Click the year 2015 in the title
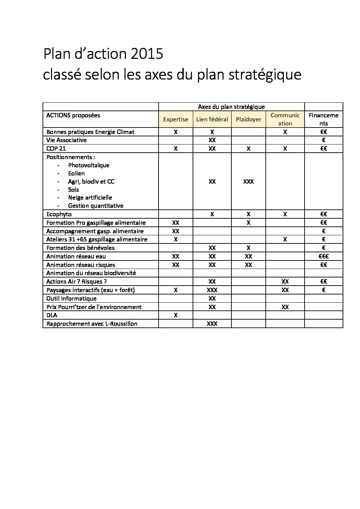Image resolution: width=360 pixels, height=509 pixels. pyautogui.click(x=146, y=54)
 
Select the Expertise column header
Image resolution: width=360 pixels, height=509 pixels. pyautogui.click(x=176, y=119)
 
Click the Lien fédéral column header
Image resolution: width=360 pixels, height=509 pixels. pyautogui.click(x=212, y=119)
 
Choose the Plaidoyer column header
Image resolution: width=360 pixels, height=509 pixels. pyautogui.click(x=248, y=119)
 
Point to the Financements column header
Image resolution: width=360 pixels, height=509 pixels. pyautogui.click(x=324, y=119)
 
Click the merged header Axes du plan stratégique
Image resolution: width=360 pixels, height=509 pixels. pyautogui.click(x=231, y=107)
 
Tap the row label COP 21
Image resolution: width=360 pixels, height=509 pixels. pyautogui.click(x=56, y=149)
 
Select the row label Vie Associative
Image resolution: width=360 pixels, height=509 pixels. pyautogui.click(x=66, y=140)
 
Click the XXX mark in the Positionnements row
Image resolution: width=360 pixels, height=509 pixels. pyautogui.click(x=248, y=182)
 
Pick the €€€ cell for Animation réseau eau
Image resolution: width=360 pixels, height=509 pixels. pyautogui.click(x=324, y=256)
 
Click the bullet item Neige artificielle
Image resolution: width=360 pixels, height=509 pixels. pyautogui.click(x=90, y=198)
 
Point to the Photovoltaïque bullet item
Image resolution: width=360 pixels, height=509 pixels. pyautogui.click(x=88, y=165)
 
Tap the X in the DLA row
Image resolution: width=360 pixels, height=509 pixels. pyautogui.click(x=176, y=315)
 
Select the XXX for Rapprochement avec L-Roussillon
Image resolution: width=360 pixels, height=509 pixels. pyautogui.click(x=212, y=324)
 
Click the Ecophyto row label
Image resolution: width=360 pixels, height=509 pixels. pyautogui.click(x=59, y=214)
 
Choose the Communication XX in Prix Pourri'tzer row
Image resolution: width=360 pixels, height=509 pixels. pyautogui.click(x=285, y=307)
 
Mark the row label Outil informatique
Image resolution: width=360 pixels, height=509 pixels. pyautogui.click(x=71, y=299)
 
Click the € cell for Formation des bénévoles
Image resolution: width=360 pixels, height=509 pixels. pyautogui.click(x=324, y=248)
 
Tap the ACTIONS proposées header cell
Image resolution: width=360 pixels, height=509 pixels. pyautogui.click(x=73, y=115)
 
